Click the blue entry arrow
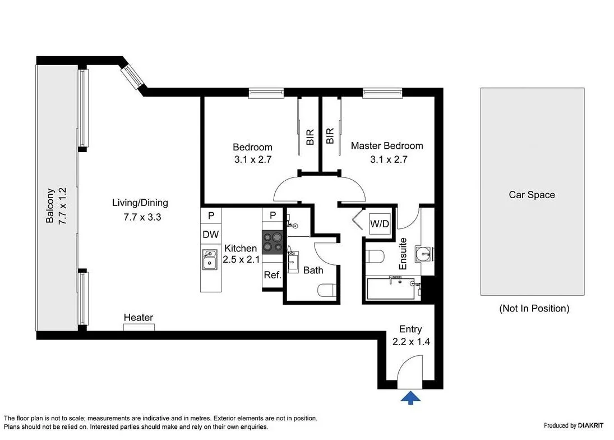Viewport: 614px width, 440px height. [410, 398]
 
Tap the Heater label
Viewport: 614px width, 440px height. [139, 317]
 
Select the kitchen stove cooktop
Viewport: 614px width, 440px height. [273, 242]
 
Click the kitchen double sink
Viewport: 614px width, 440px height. [210, 259]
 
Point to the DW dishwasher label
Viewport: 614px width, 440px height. [211, 234]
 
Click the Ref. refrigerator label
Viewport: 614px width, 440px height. [273, 275]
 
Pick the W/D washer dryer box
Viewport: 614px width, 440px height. [380, 224]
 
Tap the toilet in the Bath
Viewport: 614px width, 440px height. [326, 290]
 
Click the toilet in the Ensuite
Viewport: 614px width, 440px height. [376, 257]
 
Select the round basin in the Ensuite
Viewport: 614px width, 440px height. [423, 254]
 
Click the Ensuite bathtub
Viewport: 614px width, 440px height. [391, 288]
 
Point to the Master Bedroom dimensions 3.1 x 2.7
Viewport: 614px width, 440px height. [389, 159]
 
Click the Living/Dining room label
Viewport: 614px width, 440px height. [140, 203]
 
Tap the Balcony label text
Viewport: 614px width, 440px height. [50, 206]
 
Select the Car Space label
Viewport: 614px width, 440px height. [532, 195]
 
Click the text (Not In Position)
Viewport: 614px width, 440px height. [534, 308]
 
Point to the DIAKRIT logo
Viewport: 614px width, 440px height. [590, 425]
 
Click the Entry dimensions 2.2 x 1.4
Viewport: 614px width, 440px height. [411, 342]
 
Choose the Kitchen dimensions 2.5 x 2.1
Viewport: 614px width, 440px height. [241, 259]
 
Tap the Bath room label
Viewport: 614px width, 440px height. [313, 270]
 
